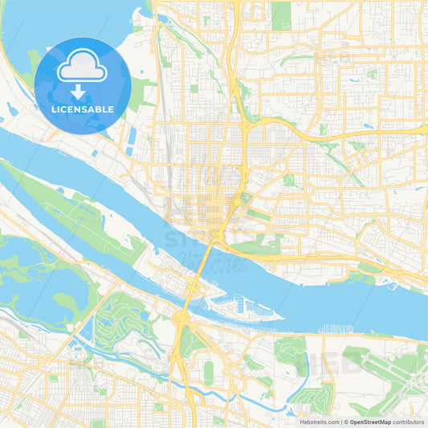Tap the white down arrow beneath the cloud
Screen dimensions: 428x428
(x=82, y=91)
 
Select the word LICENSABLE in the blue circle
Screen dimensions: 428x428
(x=82, y=109)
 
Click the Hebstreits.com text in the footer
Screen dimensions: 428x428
(x=319, y=421)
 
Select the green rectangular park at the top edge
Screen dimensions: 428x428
(x=280, y=14)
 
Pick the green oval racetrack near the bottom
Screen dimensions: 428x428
(x=209, y=371)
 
